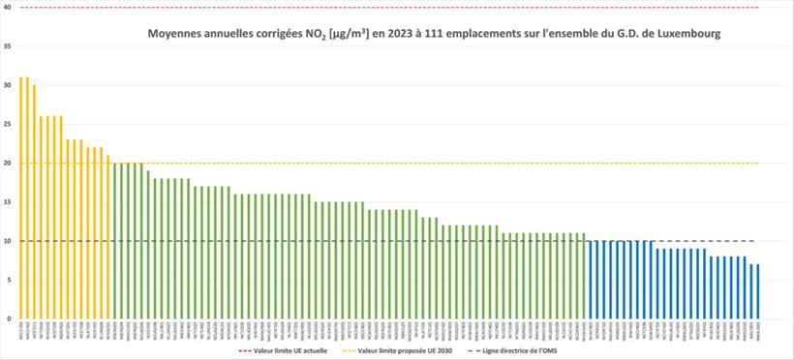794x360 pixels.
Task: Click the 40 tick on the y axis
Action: pyautogui.click(x=8, y=8)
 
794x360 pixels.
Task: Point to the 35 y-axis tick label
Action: pyautogui.click(x=8, y=46)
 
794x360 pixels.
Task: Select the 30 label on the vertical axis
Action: pyautogui.click(x=8, y=85)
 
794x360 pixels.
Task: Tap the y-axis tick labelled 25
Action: pyautogui.click(x=8, y=124)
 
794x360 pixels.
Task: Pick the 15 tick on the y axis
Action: pyautogui.click(x=8, y=202)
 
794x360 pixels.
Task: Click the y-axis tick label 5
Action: pyautogui.click(x=10, y=280)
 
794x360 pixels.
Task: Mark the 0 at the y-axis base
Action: pyautogui.click(x=10, y=318)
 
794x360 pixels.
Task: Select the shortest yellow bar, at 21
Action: pyautogui.click(x=108, y=237)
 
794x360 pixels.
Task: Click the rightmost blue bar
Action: pyautogui.click(x=757, y=291)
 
